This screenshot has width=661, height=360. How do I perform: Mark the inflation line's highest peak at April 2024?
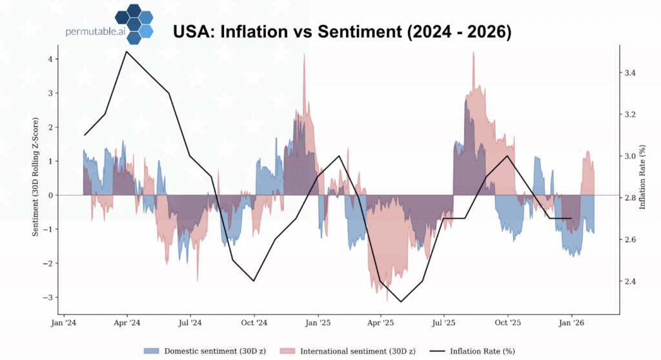(x=126, y=52)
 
